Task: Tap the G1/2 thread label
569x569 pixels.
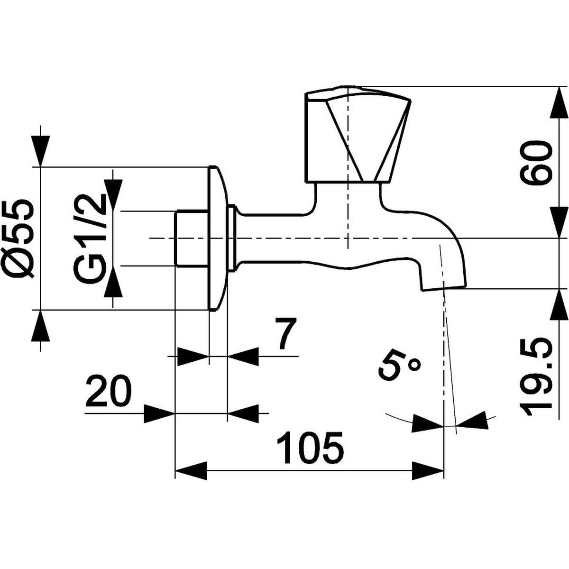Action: pyautogui.click(x=90, y=239)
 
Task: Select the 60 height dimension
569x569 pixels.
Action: pyautogui.click(x=535, y=163)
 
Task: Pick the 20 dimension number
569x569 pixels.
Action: pyautogui.click(x=109, y=391)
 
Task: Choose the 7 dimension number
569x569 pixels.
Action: pyautogui.click(x=284, y=334)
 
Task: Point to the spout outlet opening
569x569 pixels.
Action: pyautogui.click(x=444, y=288)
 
